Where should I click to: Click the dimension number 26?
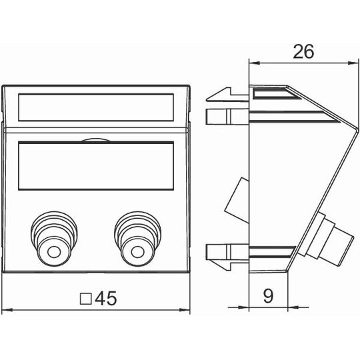coord(303,51)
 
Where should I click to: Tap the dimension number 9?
coord(268,296)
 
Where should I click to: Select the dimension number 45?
coord(106,298)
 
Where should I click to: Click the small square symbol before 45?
coord(86,299)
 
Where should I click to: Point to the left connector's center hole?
coord(54,252)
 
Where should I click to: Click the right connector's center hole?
coord(137,252)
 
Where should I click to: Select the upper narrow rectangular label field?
coord(96,107)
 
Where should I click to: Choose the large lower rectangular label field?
coord(96,166)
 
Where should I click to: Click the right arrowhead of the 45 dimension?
coord(185,310)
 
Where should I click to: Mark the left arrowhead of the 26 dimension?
coord(255,63)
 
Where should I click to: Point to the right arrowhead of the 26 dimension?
coord(353,63)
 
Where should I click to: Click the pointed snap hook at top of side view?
coord(227,94)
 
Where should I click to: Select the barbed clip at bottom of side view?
coord(227,257)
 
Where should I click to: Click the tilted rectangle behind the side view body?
coord(237,200)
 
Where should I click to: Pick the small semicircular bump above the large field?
coord(96,140)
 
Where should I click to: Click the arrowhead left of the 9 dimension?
coord(244,307)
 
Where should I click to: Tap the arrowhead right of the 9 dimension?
coord(293,307)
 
